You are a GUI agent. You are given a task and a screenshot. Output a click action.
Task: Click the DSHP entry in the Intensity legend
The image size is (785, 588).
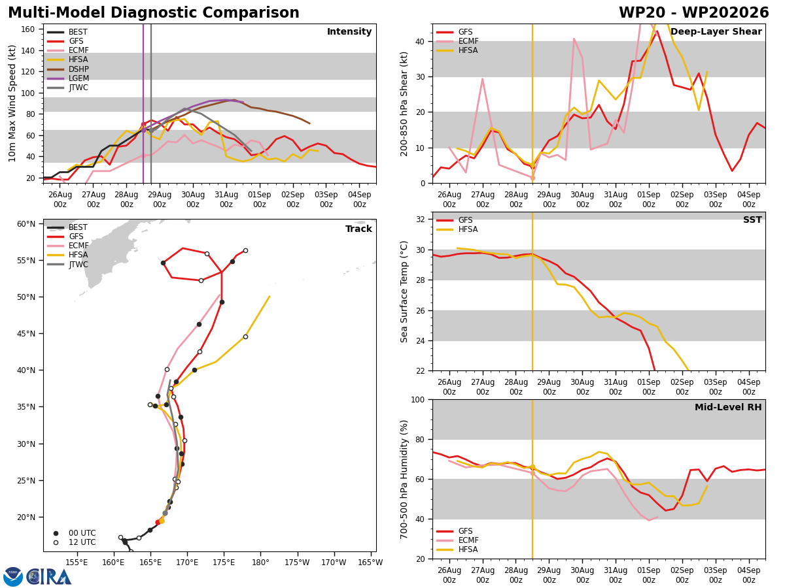click(67, 69)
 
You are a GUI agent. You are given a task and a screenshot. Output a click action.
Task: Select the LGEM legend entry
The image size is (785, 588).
click(67, 78)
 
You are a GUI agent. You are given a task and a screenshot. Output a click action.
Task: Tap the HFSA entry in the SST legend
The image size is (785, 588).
click(457, 229)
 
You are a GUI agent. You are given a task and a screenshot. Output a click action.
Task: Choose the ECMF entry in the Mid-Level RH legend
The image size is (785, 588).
click(457, 540)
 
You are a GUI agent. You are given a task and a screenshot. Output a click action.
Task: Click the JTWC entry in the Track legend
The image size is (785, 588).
click(67, 265)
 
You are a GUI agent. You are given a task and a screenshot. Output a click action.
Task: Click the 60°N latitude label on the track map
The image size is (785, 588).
click(26, 224)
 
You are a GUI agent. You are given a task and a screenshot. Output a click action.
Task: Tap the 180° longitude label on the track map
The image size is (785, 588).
click(260, 563)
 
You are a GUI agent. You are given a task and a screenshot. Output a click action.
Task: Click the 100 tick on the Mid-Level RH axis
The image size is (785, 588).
click(418, 399)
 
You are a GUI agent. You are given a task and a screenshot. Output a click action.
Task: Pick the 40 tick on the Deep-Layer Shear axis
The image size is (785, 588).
click(420, 41)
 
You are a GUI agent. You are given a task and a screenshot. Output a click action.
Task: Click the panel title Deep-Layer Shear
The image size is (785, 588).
click(716, 32)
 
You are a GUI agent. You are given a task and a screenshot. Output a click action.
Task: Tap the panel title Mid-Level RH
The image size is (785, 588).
click(728, 407)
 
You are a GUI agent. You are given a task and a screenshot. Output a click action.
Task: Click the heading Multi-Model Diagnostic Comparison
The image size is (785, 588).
click(154, 13)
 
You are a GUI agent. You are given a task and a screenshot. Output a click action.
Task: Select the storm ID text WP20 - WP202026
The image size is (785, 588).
click(694, 13)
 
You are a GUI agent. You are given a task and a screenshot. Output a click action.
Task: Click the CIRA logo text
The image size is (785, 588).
click(49, 577)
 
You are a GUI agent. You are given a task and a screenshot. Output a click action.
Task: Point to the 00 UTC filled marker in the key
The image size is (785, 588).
click(56, 533)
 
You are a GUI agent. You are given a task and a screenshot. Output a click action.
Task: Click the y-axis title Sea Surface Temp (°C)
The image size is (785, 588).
click(404, 292)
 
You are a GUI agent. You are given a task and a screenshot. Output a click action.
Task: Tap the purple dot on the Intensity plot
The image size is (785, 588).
click(143, 131)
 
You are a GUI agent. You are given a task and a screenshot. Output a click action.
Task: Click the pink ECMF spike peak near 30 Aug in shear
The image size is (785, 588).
click(574, 39)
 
